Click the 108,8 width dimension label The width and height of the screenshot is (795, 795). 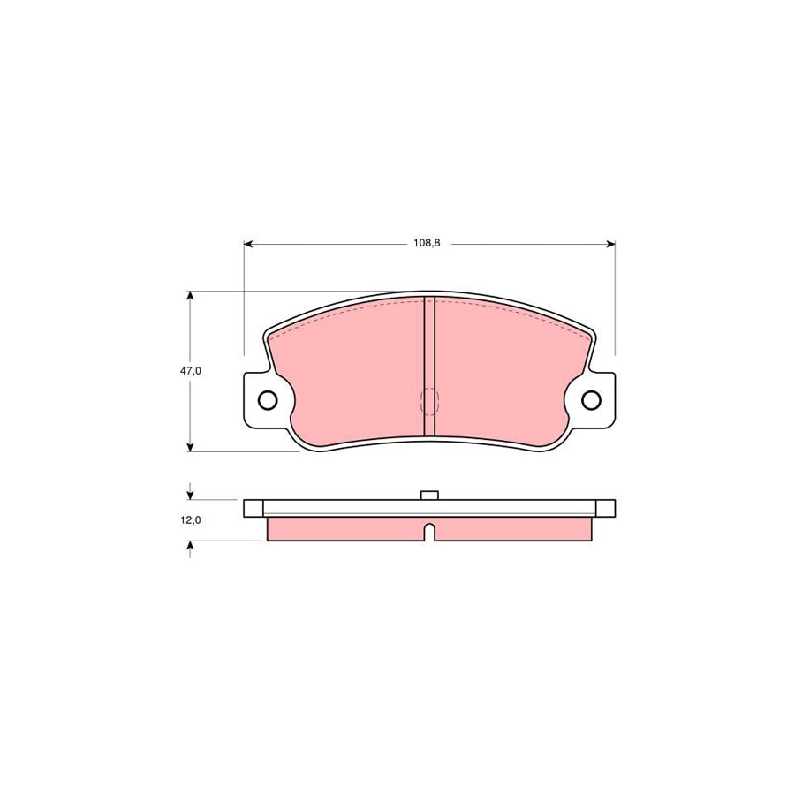pyautogui.click(x=427, y=243)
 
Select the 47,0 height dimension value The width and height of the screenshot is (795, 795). pyautogui.click(x=192, y=372)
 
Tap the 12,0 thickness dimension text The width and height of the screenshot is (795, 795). pyautogui.click(x=192, y=520)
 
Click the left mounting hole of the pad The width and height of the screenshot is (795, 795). pyautogui.click(x=268, y=400)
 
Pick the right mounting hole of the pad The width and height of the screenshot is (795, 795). pyautogui.click(x=592, y=400)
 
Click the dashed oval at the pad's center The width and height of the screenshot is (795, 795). pyautogui.click(x=430, y=402)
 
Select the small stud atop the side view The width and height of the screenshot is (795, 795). pyautogui.click(x=429, y=495)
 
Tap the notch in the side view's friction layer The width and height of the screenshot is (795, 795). pyautogui.click(x=429, y=533)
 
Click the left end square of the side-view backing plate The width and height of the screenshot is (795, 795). pyautogui.click(x=253, y=508)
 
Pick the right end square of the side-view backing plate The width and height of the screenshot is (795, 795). pyautogui.click(x=606, y=508)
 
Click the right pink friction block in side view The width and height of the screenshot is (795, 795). pyautogui.click(x=512, y=528)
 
